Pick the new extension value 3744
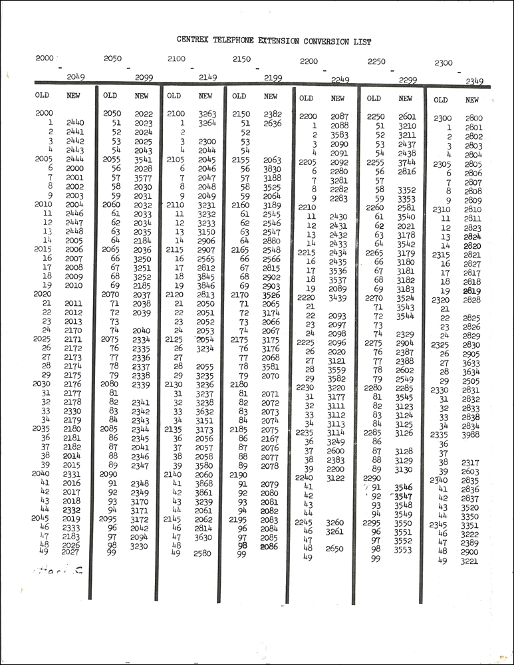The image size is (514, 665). pos(406,162)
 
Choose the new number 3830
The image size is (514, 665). pos(272,169)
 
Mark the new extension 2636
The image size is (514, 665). pos(272,123)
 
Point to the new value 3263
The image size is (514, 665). pos(207,114)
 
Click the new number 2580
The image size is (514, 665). pos(203,553)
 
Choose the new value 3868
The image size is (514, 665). pos(204,483)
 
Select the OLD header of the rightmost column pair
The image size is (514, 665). pos(441,100)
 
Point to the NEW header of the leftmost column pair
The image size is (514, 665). pos(74,96)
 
